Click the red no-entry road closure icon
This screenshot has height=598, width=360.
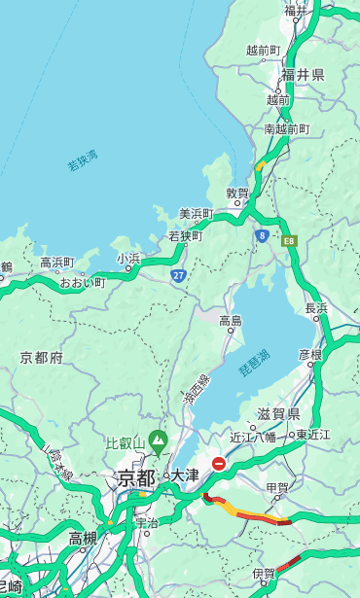tap(220, 465)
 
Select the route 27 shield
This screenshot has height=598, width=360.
tap(178, 275)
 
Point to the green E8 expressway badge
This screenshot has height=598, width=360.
tap(289, 240)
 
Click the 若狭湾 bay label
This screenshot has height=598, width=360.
tap(83, 160)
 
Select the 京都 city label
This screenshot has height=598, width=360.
tap(136, 478)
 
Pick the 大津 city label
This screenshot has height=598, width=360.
tap(185, 475)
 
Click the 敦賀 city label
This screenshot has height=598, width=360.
tap(238, 193)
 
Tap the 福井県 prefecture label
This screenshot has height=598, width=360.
tap(303, 75)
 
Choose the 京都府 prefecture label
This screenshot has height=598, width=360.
tap(42, 358)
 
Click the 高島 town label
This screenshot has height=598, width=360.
tap(231, 321)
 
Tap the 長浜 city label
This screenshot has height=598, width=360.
tap(317, 307)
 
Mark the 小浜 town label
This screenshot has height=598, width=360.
tap(128, 258)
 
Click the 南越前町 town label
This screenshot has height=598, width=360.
tap(287, 129)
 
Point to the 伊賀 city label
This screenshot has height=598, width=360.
tap(263, 574)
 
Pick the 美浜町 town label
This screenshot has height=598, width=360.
tap(196, 214)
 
